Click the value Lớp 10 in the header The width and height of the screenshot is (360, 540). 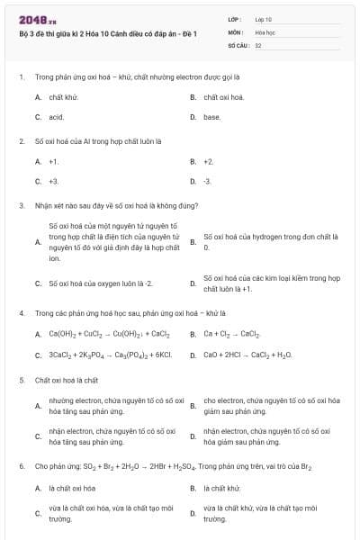point(264,19)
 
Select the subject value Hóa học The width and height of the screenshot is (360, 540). point(265,31)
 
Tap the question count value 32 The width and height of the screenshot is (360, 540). point(258,43)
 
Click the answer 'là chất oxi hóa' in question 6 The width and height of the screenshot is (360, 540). point(72,488)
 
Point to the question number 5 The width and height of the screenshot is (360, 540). point(22,380)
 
